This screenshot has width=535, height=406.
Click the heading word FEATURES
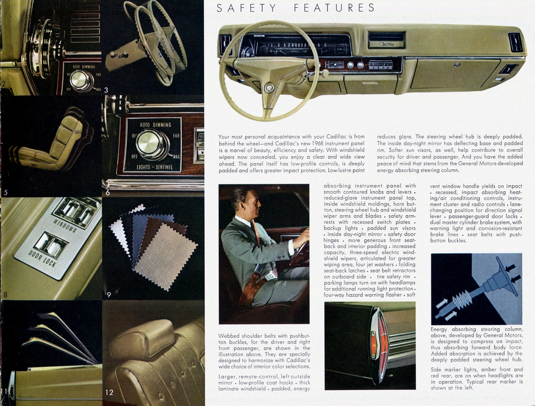[x=334, y=8]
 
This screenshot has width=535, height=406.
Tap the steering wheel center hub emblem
[x=269, y=88]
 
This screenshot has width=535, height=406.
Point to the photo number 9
[x=109, y=295]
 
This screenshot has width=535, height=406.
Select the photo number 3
[x=106, y=90]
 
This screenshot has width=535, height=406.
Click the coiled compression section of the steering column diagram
[x=462, y=301]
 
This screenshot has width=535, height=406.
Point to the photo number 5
[x=5, y=193]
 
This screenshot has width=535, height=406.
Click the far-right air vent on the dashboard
[x=515, y=42]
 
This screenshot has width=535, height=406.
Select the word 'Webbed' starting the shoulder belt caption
[x=229, y=336]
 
